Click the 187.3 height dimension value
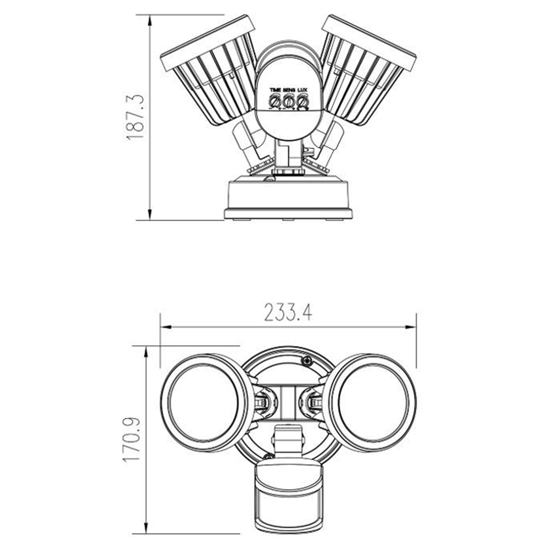click(x=135, y=117)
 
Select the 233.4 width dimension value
click(x=288, y=313)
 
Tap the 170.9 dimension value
click(x=132, y=440)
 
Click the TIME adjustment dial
click(x=275, y=102)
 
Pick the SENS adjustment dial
click(x=288, y=102)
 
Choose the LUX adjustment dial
click(x=302, y=102)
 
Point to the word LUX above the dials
click(x=302, y=90)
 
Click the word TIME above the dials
click(x=275, y=90)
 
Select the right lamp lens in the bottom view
click(x=373, y=402)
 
